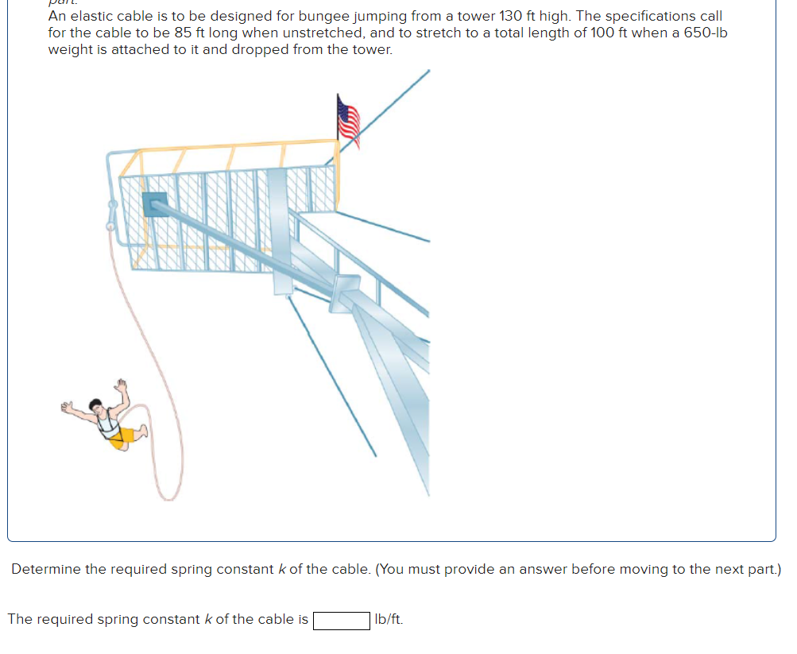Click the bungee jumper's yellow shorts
click(121, 439)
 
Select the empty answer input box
click(342, 620)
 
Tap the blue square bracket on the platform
click(154, 204)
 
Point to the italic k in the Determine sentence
click(281, 569)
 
